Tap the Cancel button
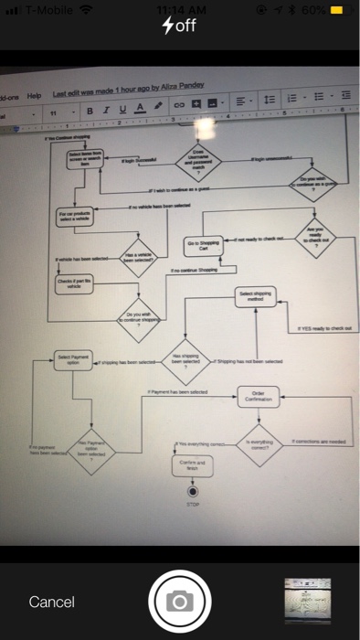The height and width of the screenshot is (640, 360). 51,601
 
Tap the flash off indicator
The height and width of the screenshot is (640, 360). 179,25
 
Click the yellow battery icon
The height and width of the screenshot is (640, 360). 337,10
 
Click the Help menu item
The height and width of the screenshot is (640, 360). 36,96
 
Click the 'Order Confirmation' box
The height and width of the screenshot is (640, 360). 258,395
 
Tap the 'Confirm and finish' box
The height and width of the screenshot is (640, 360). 192,466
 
